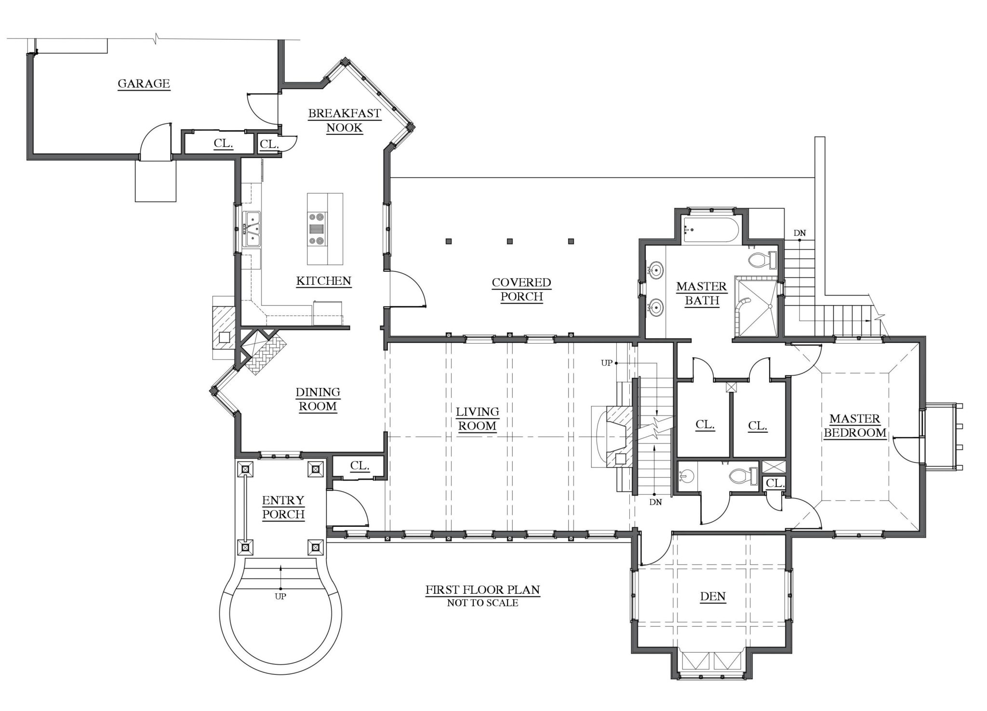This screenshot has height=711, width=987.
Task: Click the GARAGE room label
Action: tap(144, 84)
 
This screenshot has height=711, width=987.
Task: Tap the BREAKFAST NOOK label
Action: tap(344, 121)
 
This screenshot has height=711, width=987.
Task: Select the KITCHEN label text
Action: tap(323, 281)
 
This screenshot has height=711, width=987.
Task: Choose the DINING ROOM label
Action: tap(318, 399)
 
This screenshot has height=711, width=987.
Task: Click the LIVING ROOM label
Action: tap(478, 419)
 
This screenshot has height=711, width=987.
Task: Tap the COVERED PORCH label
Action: tap(521, 289)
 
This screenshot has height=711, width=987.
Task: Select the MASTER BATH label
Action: tap(702, 294)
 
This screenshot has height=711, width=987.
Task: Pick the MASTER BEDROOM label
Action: tap(855, 426)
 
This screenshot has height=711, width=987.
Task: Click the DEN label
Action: tap(713, 597)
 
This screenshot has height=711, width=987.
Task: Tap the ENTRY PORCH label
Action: tap(283, 508)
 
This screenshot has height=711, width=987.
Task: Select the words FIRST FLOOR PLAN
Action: tap(482, 590)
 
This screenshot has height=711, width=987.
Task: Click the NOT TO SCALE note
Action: tap(482, 603)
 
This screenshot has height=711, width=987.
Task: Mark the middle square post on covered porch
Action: tap(510, 241)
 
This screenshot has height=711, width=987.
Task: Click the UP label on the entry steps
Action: tap(280, 596)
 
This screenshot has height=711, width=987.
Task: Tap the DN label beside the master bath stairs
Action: tap(800, 234)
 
